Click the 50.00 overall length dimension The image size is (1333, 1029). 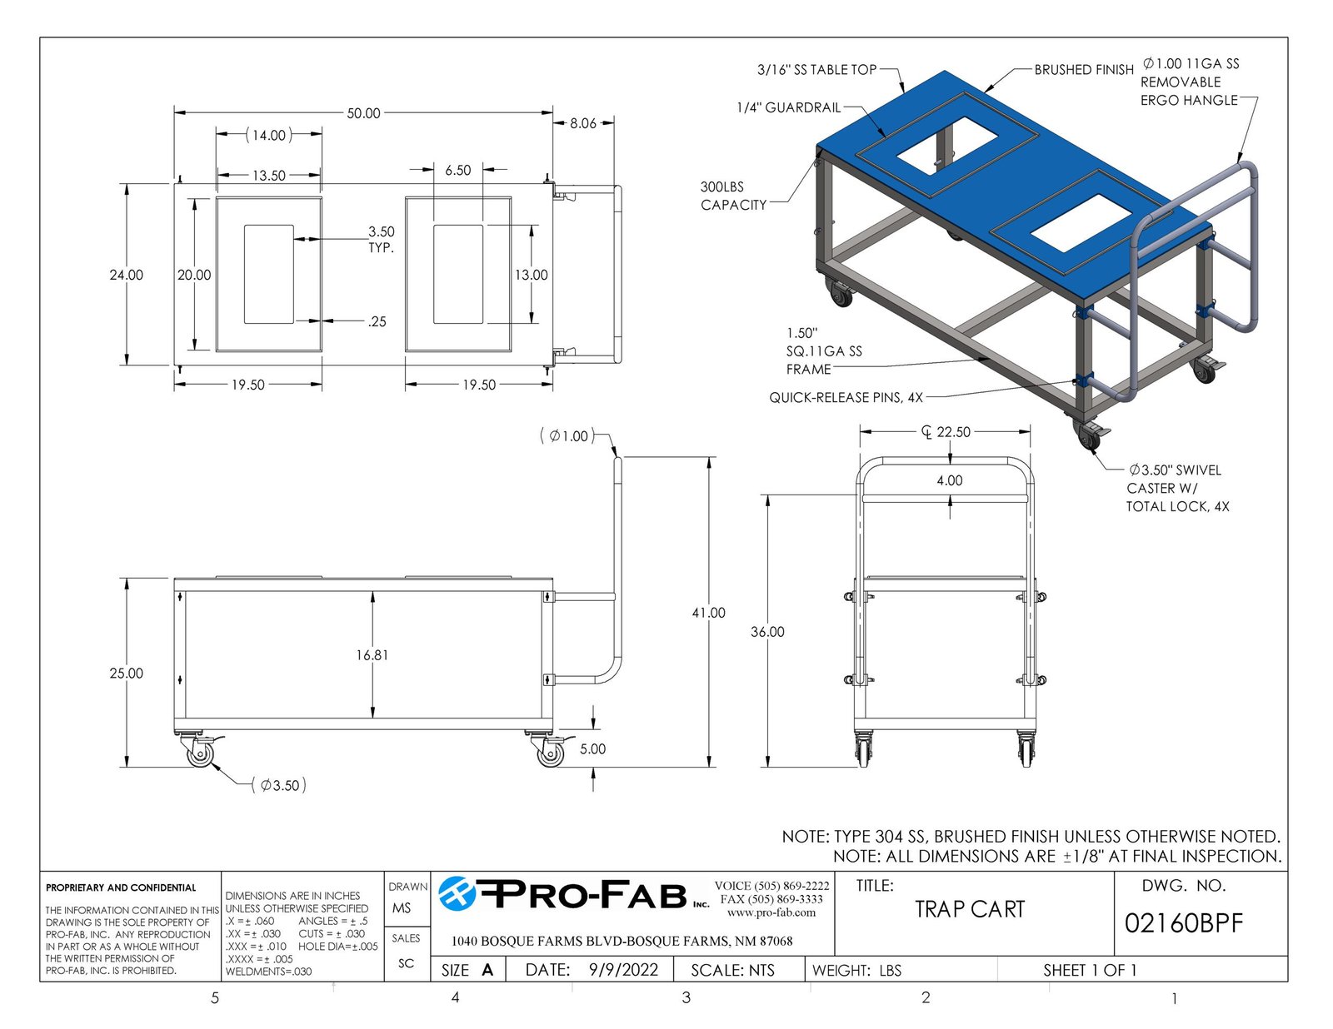(363, 113)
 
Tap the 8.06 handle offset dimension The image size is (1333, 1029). (582, 123)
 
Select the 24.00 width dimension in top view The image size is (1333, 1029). (127, 276)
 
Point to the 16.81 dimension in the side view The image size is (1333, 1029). (372, 655)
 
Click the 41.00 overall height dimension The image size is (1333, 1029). (708, 613)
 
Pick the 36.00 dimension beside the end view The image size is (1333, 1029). (767, 632)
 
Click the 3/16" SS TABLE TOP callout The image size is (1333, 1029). (817, 70)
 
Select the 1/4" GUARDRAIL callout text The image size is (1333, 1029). (789, 108)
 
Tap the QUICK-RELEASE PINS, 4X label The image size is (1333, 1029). (846, 398)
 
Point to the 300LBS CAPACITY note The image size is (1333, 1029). (734, 196)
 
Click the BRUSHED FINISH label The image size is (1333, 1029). (1084, 70)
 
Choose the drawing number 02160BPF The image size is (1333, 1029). (1184, 923)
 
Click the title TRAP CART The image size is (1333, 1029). (970, 909)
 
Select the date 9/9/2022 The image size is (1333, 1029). (623, 970)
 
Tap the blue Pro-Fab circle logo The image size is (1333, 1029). (457, 894)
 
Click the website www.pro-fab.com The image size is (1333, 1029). (771, 912)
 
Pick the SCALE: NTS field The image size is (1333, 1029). (732, 971)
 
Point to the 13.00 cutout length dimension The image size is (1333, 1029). (532, 276)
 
